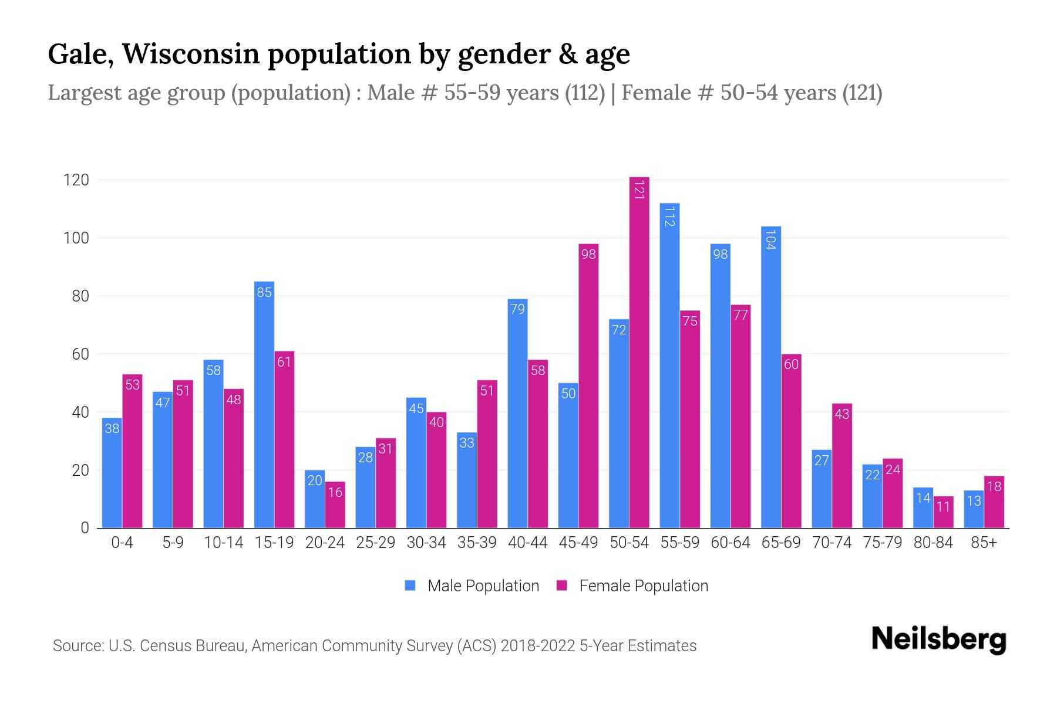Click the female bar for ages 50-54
coord(639,352)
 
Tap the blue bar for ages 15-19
coord(264,405)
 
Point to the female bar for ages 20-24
coord(335,505)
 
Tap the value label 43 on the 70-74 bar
coord(841,414)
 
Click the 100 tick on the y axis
coord(76,238)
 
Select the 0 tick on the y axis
coord(85,528)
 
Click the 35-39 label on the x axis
coord(477,543)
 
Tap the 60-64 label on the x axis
coord(730,543)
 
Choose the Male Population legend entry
coord(483,586)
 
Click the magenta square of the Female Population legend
coord(562,585)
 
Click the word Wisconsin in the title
coord(191,54)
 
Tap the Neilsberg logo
coord(938,639)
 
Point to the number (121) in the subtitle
coord(862,93)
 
